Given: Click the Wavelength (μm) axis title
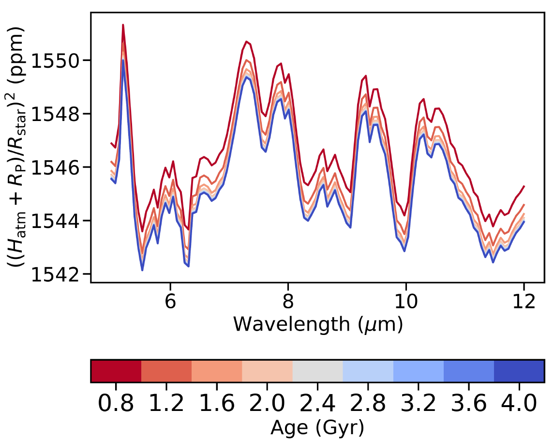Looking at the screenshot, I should click(x=317, y=324).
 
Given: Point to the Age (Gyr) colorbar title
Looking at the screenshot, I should click(x=317, y=427).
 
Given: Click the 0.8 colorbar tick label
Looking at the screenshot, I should click(x=116, y=403).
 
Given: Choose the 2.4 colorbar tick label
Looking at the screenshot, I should click(x=317, y=403).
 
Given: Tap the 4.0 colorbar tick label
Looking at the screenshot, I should click(x=519, y=403).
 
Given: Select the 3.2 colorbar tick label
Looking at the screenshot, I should click(x=418, y=403).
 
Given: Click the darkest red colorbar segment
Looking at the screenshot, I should click(x=116, y=371).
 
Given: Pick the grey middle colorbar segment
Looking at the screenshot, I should click(x=317, y=371).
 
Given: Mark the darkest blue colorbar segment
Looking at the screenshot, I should click(x=519, y=371).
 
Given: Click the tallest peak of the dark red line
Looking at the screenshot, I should click(x=123, y=25).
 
